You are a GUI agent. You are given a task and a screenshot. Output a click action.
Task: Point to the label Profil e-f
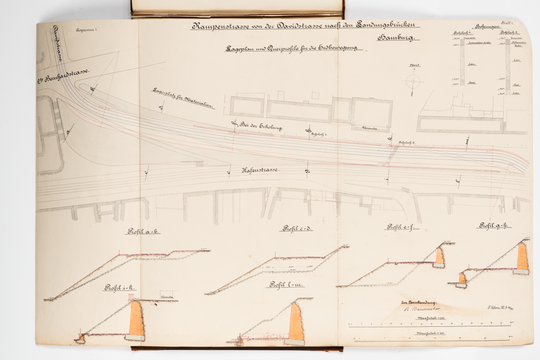point(398,228)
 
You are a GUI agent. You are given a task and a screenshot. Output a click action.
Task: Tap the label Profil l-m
point(283,287)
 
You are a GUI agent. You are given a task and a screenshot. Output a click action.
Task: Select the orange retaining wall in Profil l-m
point(297,323)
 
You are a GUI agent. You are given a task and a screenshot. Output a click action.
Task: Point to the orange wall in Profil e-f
point(438,257)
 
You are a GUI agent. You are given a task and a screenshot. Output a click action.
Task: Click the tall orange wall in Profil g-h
point(522,256)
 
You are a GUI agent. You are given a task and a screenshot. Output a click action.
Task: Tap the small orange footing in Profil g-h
point(462,279)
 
